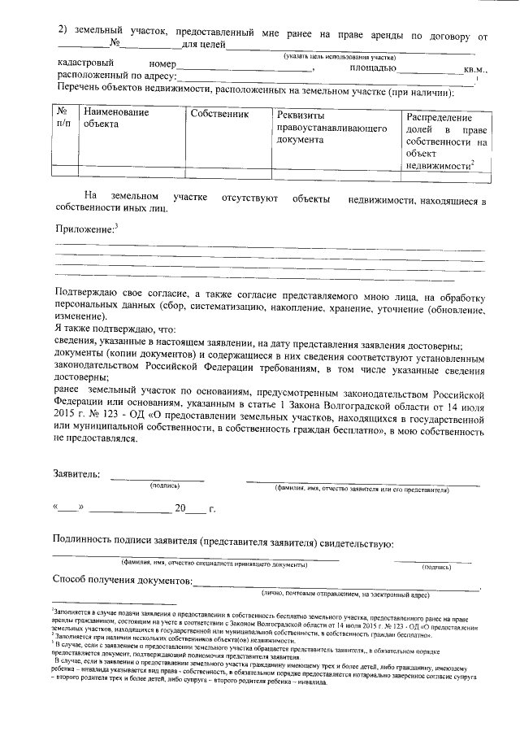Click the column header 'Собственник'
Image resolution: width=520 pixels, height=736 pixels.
click(218, 114)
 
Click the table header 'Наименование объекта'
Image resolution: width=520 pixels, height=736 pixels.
click(115, 119)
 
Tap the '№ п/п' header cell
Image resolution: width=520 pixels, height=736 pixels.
click(65, 119)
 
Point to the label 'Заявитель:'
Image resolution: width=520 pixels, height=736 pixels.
click(77, 474)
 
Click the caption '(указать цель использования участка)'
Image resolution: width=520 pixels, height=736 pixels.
click(339, 57)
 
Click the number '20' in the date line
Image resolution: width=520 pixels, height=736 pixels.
click(180, 510)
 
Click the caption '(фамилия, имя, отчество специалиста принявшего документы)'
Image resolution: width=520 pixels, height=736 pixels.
click(214, 564)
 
